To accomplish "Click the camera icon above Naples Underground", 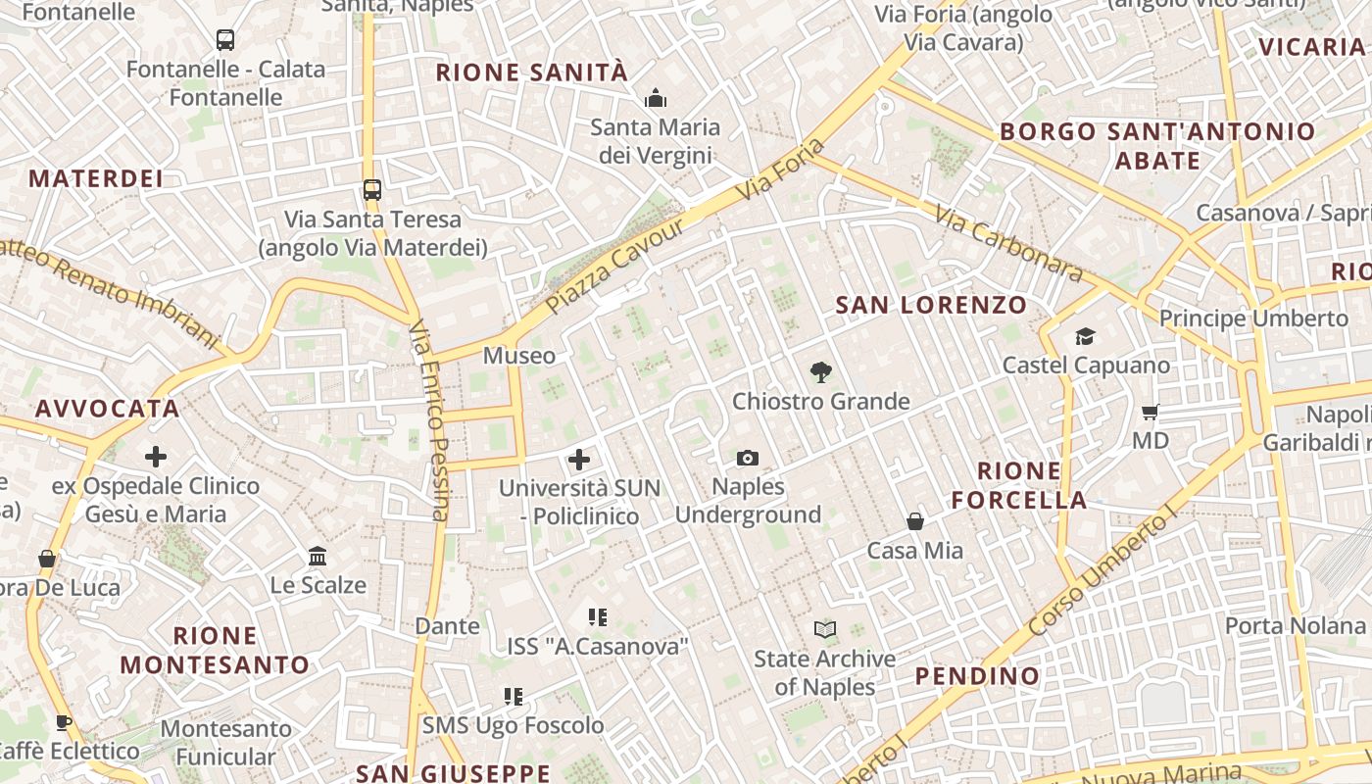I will pyautogui.click(x=748, y=458).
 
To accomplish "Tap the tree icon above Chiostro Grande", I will pyautogui.click(x=821, y=372).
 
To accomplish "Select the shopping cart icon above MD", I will pyautogui.click(x=1151, y=413).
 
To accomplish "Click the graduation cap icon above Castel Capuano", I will pyautogui.click(x=1085, y=337).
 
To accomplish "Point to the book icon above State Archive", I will pyautogui.click(x=825, y=629).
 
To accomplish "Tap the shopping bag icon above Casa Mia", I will pyautogui.click(x=915, y=521).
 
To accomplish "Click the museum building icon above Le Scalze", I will pyautogui.click(x=318, y=557).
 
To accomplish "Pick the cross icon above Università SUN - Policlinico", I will pyautogui.click(x=579, y=459).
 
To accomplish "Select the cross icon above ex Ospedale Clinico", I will pyautogui.click(x=156, y=457).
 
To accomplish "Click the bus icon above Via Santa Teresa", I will pyautogui.click(x=371, y=189).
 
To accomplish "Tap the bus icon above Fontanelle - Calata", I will pyautogui.click(x=225, y=40).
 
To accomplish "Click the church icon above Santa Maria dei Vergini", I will pyautogui.click(x=655, y=98).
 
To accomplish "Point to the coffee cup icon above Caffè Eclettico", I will pyautogui.click(x=64, y=723).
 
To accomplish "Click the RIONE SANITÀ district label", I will pyautogui.click(x=531, y=73).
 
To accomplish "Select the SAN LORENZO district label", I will pyautogui.click(x=930, y=305).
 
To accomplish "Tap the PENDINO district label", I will pyautogui.click(x=977, y=676).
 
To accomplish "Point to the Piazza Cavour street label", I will pyautogui.click(x=614, y=267).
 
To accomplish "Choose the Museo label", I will pyautogui.click(x=519, y=356).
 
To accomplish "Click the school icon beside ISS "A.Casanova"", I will pyautogui.click(x=598, y=617).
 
